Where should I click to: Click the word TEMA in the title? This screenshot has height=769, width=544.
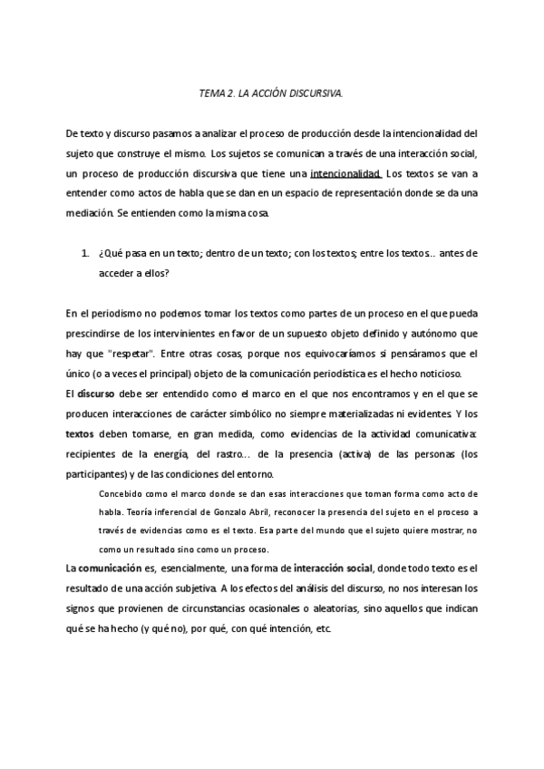210,93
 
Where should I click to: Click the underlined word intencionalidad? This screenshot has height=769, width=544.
345,172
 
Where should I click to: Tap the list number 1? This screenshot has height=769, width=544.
84,252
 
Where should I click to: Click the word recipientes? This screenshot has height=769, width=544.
94,453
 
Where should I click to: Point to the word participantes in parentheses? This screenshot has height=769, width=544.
99,473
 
